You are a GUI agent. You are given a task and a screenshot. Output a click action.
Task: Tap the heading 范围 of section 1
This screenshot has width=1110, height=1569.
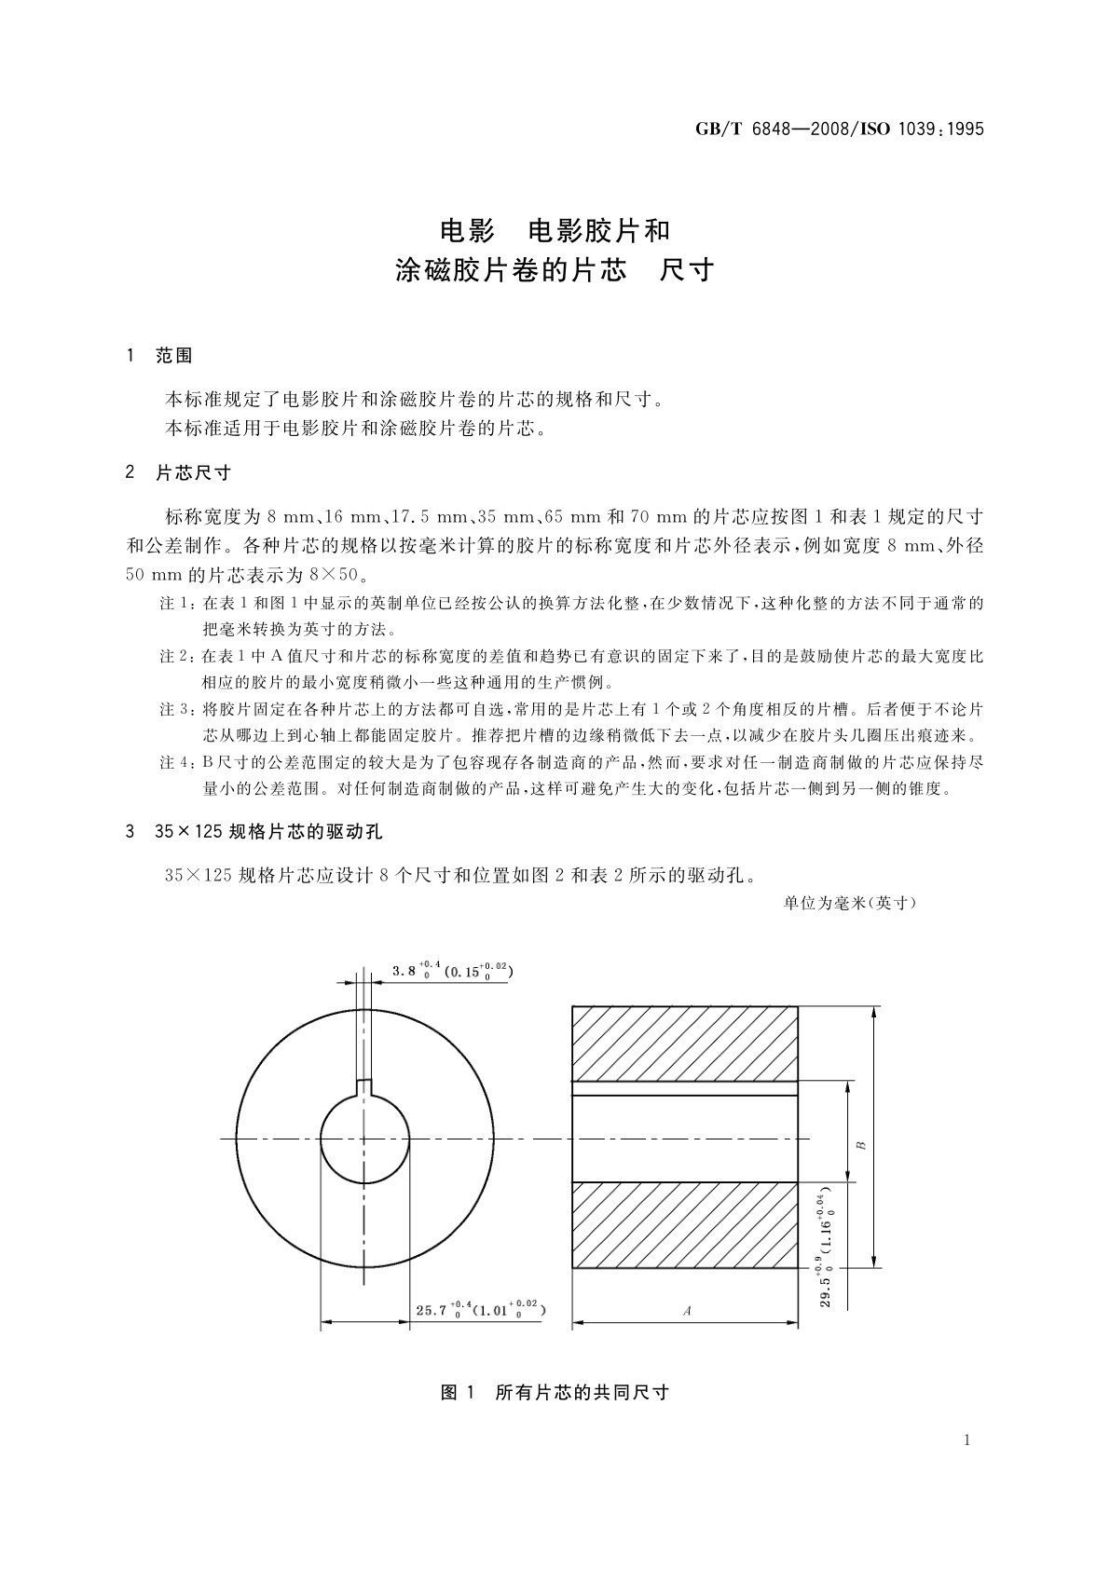tap(174, 355)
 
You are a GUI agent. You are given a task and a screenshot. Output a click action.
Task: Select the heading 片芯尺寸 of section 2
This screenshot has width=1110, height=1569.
tap(193, 472)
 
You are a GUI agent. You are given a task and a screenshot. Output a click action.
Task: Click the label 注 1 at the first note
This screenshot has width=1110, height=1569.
tap(178, 604)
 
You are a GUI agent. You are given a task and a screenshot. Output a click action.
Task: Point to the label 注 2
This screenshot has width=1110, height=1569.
tap(178, 657)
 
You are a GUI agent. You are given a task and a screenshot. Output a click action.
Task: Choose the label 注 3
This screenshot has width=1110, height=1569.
tap(178, 710)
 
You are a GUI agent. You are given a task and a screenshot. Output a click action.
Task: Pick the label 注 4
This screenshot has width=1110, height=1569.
tap(178, 762)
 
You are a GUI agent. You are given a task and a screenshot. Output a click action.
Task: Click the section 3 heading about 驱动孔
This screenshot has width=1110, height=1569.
tap(269, 830)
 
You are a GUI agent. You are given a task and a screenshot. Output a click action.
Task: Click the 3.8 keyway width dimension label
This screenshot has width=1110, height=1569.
tap(451, 970)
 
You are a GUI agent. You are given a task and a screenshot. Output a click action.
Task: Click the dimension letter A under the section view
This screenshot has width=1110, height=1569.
tap(687, 1310)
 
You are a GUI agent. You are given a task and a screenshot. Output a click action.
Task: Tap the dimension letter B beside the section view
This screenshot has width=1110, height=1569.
tap(861, 1144)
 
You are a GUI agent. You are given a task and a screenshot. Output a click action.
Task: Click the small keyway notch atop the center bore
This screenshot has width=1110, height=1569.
tap(364, 1085)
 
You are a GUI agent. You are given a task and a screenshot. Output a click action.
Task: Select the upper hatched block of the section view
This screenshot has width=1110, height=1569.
tap(684, 1043)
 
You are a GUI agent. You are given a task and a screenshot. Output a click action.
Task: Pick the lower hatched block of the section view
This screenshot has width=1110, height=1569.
tap(684, 1224)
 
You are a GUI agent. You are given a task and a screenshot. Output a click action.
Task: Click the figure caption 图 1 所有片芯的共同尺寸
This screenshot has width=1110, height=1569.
tap(555, 1393)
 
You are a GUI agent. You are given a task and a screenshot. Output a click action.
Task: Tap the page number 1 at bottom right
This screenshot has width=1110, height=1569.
tap(966, 1440)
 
